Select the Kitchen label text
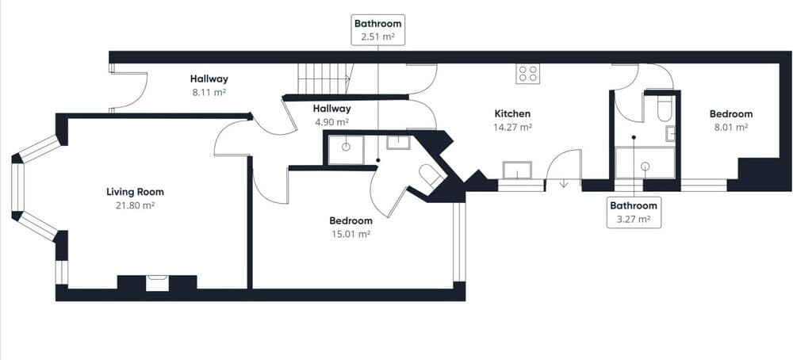511,113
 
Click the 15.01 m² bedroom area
351,234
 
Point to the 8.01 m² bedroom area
730,127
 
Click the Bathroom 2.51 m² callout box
378,29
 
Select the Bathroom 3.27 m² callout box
634,213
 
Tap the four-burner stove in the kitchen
527,74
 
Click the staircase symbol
324,79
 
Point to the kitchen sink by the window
517,170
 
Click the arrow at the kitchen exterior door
564,184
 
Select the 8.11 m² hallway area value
209,92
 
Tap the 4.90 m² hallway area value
331,122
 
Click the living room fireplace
157,281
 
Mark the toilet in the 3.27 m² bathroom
665,109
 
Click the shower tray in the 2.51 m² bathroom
346,149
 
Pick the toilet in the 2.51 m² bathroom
431,176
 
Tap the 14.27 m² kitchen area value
511,127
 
